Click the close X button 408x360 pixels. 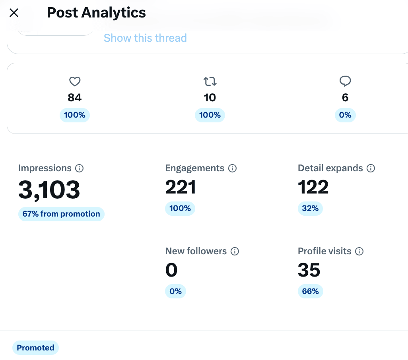tap(14, 12)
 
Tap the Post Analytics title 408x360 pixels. tap(96, 12)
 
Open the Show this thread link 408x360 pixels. tap(145, 38)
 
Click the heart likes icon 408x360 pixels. tap(75, 81)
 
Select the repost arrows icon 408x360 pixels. tap(210, 81)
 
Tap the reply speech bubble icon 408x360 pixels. tap(345, 81)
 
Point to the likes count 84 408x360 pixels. tap(75, 97)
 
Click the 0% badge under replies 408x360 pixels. tap(345, 115)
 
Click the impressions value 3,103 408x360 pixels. tap(49, 190)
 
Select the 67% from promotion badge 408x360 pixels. tap(61, 214)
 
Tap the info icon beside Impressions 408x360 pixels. tap(80, 168)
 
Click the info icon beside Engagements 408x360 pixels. tap(232, 168)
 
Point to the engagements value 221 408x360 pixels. tap(181, 187)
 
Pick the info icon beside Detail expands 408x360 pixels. tap(371, 168)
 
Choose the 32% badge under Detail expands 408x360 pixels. tap(310, 208)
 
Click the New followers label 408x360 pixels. tap(196, 251)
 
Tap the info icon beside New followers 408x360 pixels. tap(235, 252)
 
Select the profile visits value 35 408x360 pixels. tap(309, 270)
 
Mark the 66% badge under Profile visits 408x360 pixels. tap(311, 291)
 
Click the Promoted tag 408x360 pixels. tap(36, 348)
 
